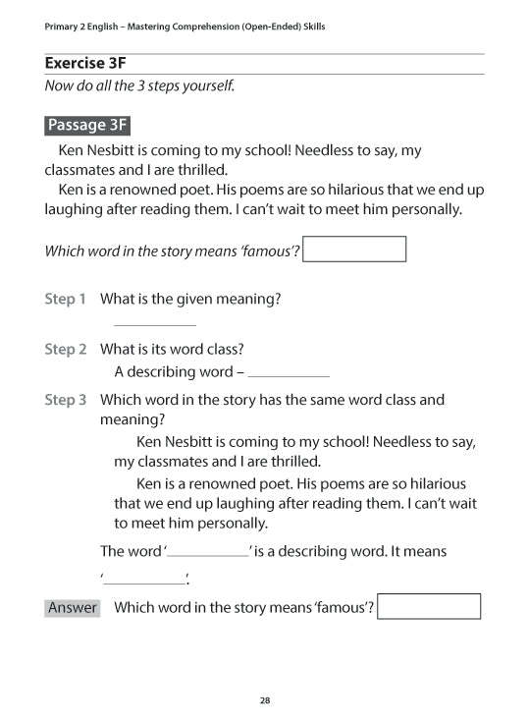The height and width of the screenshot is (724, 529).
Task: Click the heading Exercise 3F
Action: tap(85, 63)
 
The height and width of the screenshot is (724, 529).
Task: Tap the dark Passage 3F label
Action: tap(87, 125)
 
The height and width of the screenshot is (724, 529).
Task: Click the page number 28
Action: tap(265, 700)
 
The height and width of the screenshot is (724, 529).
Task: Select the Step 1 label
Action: tap(66, 298)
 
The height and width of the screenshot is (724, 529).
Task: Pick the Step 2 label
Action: tap(66, 349)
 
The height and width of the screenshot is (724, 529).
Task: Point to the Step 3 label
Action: tap(66, 400)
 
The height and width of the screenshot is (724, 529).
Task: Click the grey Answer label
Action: tap(73, 607)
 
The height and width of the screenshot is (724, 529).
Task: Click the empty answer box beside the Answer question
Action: tap(429, 606)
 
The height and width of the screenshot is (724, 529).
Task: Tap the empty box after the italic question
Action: tap(354, 250)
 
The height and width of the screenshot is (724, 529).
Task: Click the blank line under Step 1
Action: tap(155, 324)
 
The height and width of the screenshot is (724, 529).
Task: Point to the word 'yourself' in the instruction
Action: tap(207, 85)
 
